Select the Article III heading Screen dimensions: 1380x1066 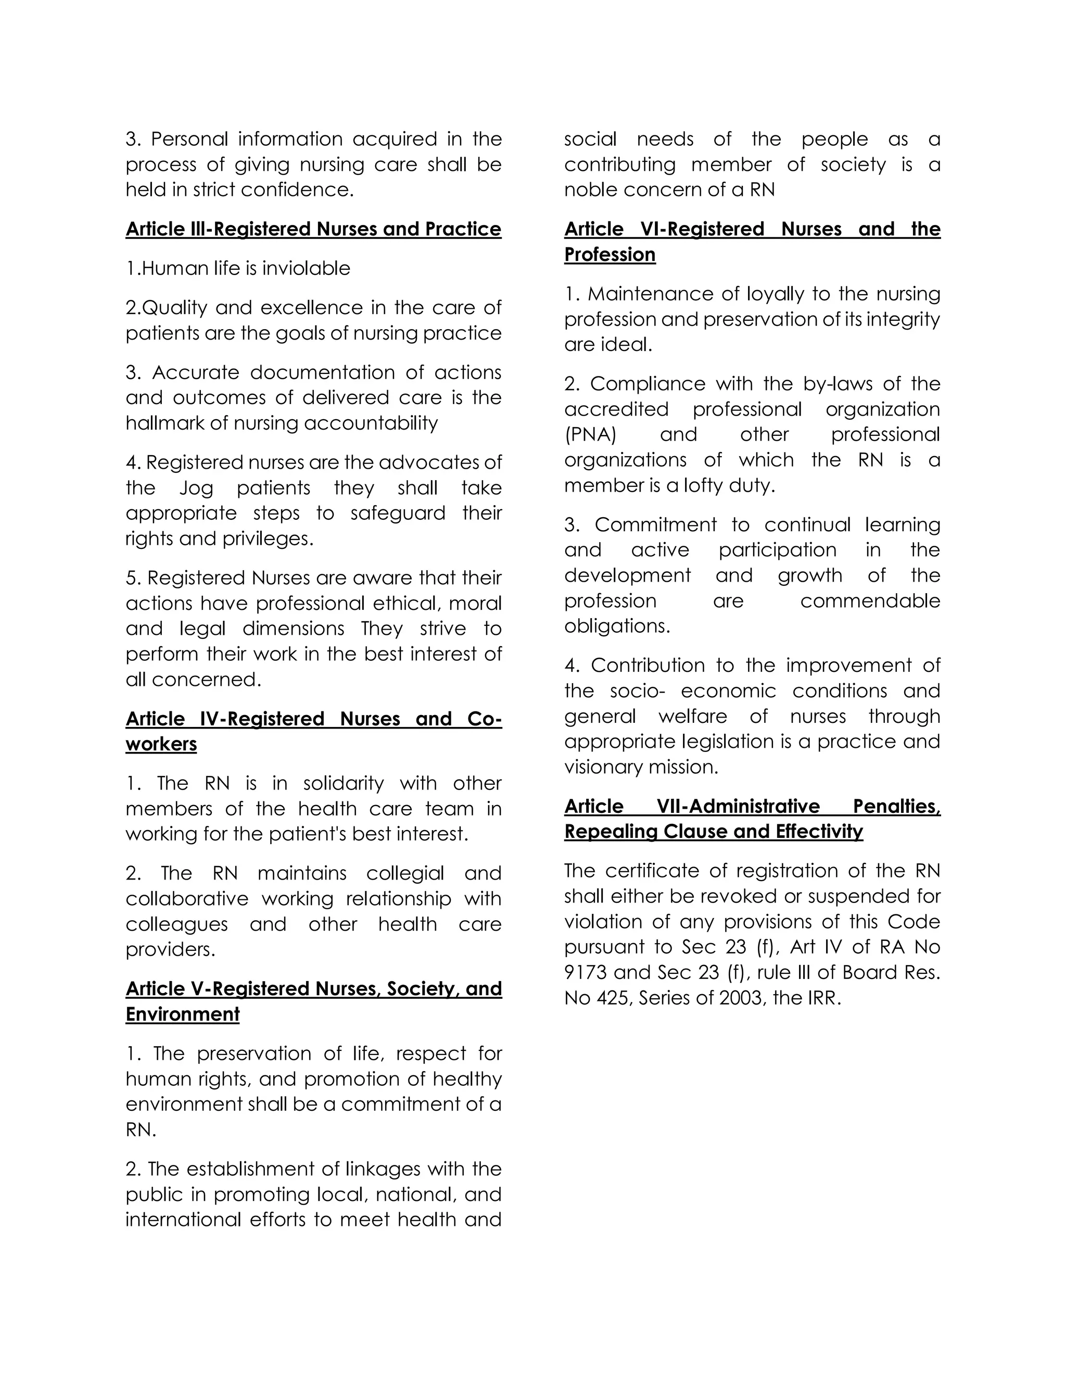pos(313,229)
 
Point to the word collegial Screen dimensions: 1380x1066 pos(405,873)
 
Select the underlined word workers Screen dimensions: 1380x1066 pos(161,744)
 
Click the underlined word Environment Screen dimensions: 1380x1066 pos(183,1014)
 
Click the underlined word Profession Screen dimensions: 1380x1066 pos(610,255)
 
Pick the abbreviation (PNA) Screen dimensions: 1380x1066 pos(590,435)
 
